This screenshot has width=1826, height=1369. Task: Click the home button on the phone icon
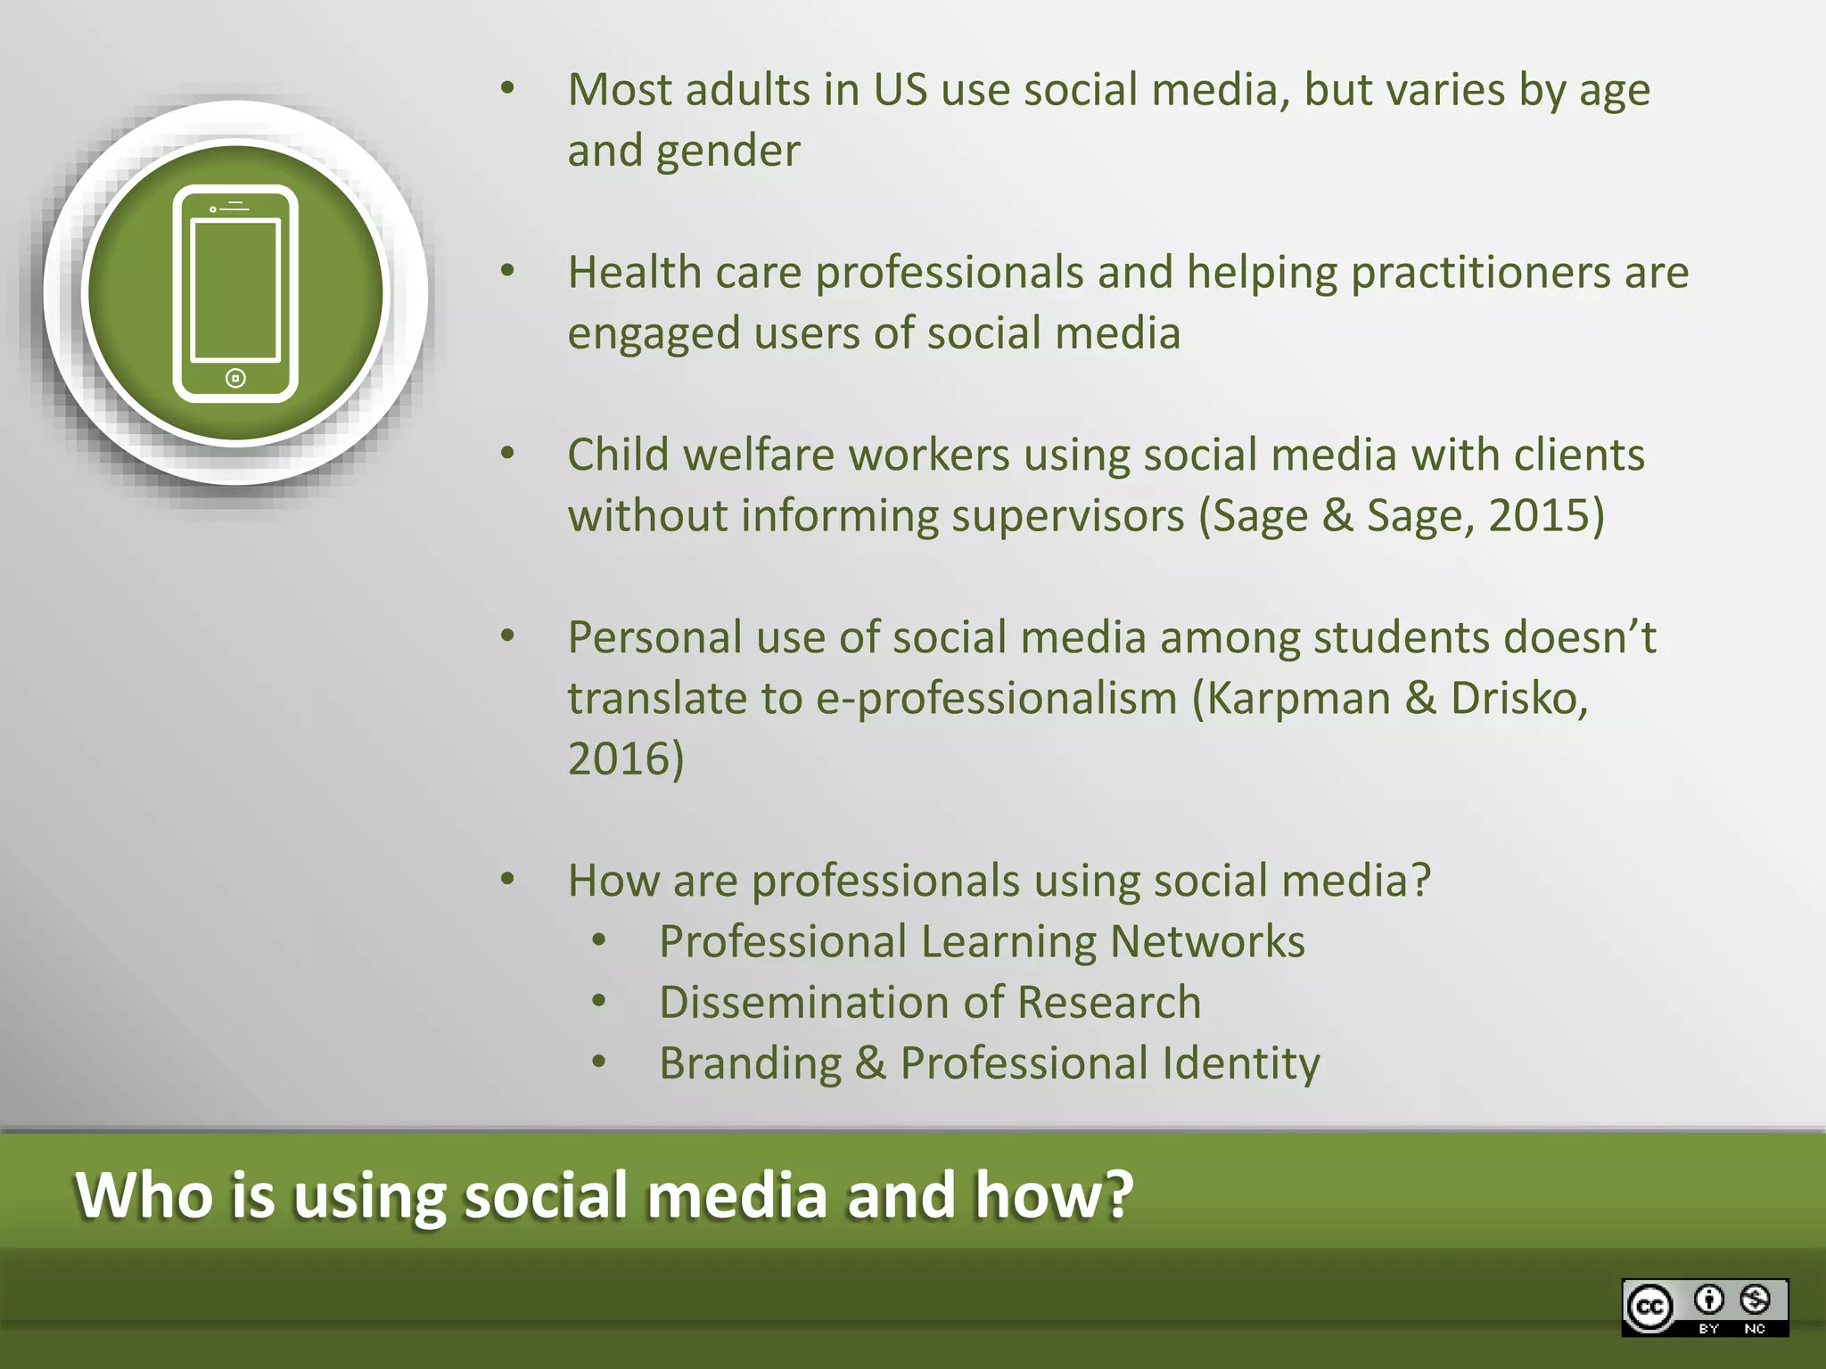click(235, 379)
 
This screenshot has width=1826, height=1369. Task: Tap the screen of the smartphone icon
click(236, 290)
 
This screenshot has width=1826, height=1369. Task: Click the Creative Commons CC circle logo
click(1649, 1308)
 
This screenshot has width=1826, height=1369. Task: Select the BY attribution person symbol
click(1708, 1300)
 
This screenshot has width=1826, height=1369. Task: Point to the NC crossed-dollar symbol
click(1755, 1300)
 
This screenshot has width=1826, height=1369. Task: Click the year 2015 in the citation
click(1546, 516)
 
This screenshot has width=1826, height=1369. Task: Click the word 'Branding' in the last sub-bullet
click(750, 1064)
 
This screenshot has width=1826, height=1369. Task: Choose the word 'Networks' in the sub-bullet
click(1207, 942)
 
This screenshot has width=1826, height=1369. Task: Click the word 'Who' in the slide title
click(144, 1195)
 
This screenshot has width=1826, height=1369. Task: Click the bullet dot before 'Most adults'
click(507, 88)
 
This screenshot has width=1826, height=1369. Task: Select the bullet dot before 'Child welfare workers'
click(507, 454)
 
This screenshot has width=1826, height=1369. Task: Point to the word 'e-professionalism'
click(997, 699)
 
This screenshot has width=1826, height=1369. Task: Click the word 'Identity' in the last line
click(1240, 1064)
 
